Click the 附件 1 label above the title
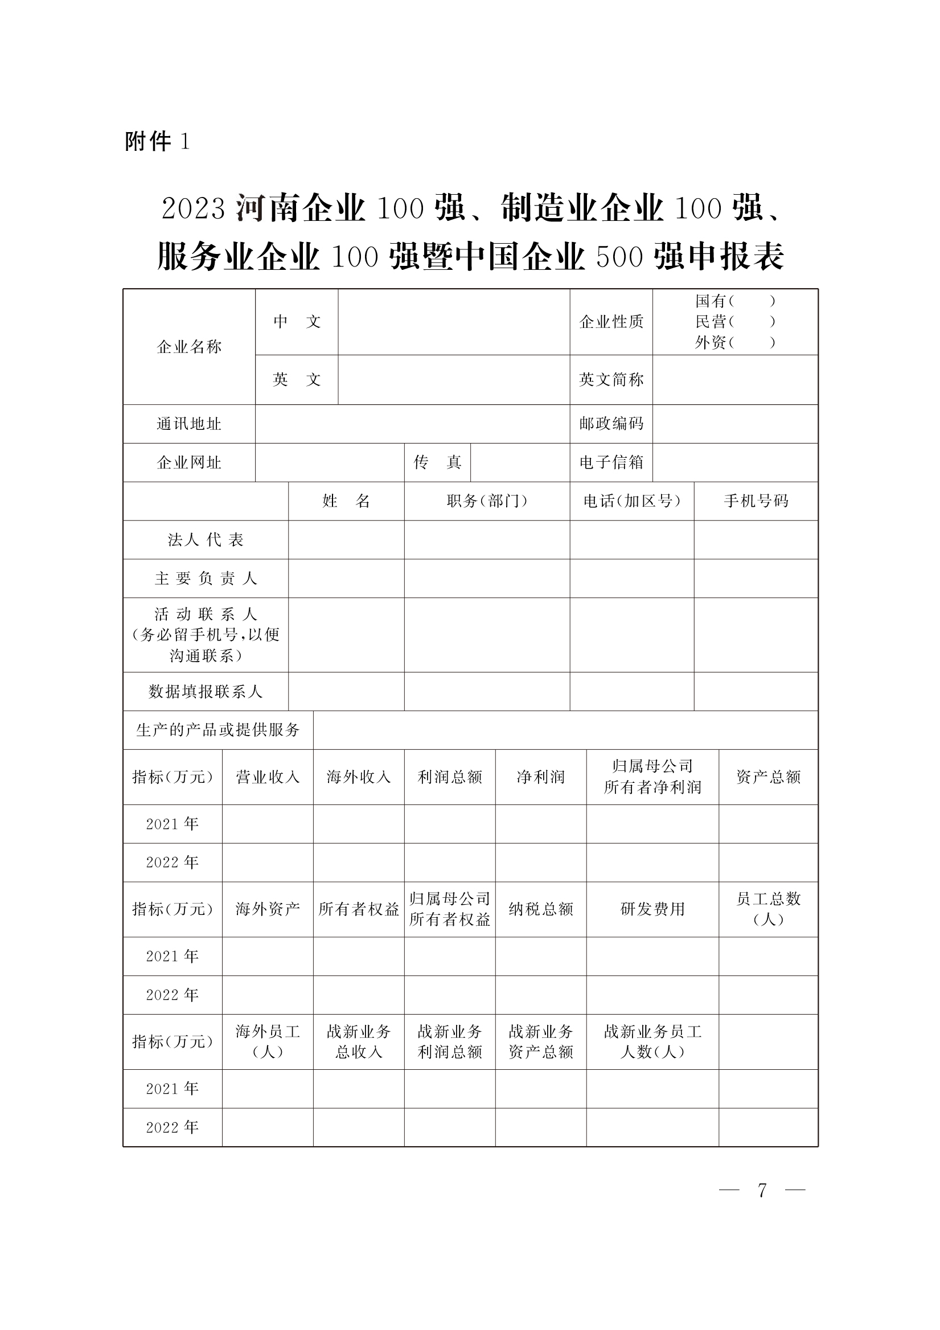point(157,141)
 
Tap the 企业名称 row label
point(189,347)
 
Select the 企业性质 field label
point(611,322)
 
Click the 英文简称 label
point(611,379)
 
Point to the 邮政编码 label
point(611,424)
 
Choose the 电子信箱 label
point(611,462)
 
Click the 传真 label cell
point(437,462)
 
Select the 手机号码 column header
point(756,501)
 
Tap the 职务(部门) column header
point(487,501)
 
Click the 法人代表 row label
point(206,540)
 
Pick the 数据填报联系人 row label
point(206,691)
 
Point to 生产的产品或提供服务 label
point(217,730)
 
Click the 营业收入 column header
point(268,777)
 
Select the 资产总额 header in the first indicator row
point(768,777)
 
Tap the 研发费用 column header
point(652,909)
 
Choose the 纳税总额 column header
point(540,909)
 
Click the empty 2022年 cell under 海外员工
point(268,1127)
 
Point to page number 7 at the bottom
point(762,1191)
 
